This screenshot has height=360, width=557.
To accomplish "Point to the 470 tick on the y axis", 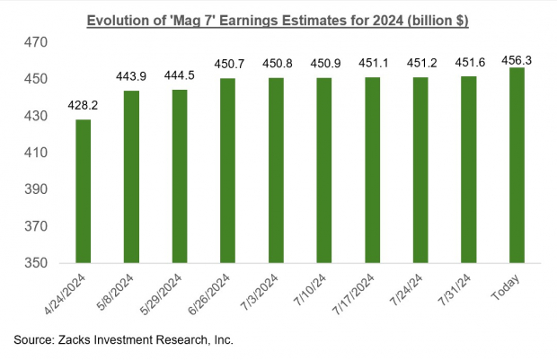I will (35, 42).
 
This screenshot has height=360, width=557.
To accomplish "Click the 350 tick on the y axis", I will (35, 265).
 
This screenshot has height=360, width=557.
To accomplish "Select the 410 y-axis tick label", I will (35, 154).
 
